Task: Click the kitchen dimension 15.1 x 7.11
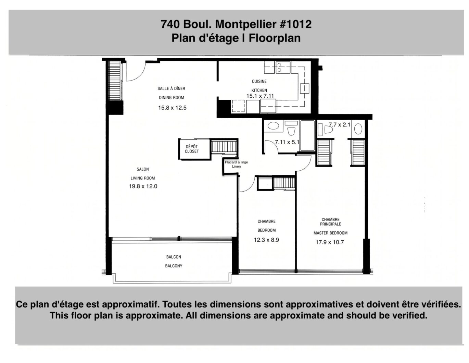260,96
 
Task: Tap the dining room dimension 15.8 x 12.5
172,108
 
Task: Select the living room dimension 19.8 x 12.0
143,186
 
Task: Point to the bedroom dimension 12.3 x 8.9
266,240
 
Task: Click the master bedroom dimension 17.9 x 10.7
330,242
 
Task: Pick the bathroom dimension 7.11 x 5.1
287,142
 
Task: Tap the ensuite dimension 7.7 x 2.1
339,125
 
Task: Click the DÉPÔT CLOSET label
192,149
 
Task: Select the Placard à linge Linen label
236,164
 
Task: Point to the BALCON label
174,257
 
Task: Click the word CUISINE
259,81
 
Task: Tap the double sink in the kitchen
283,67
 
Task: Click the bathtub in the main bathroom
307,135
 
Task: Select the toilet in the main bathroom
291,129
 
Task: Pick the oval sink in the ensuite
358,129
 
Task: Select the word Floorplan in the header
275,38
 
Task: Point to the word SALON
143,169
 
